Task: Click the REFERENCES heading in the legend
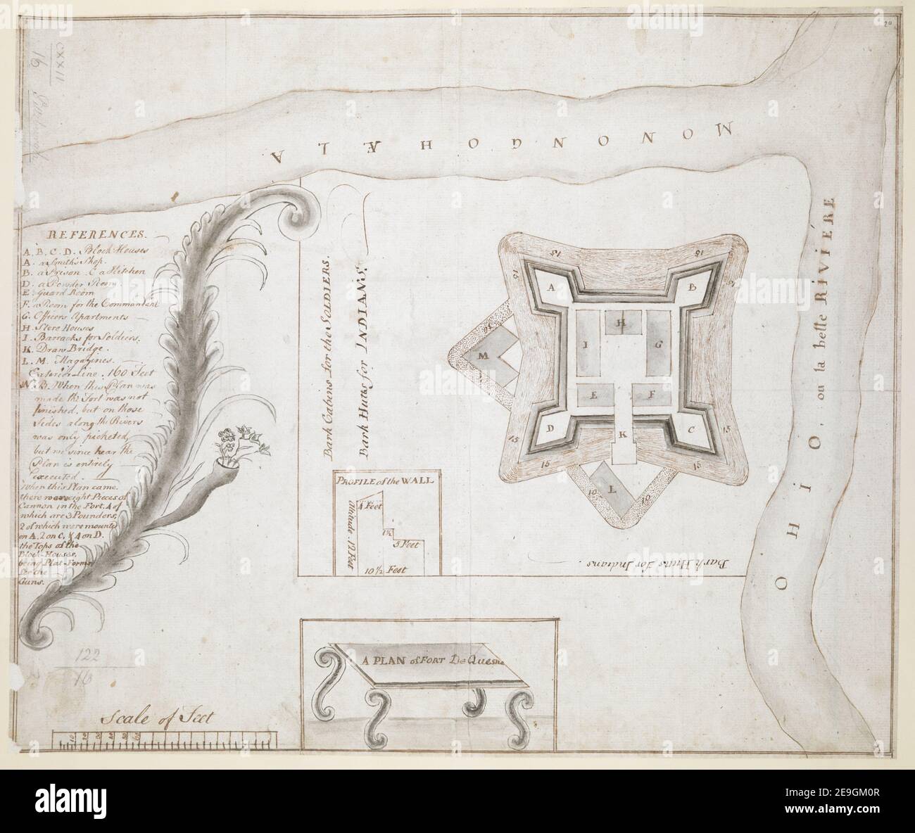[97, 234]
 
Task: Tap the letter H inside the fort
[621, 323]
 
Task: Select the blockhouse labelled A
[552, 288]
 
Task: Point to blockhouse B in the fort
[692, 287]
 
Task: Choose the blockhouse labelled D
[552, 428]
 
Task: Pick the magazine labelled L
[611, 487]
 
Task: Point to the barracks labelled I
[586, 345]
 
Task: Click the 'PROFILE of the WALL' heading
[389, 481]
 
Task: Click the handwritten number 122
[89, 654]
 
